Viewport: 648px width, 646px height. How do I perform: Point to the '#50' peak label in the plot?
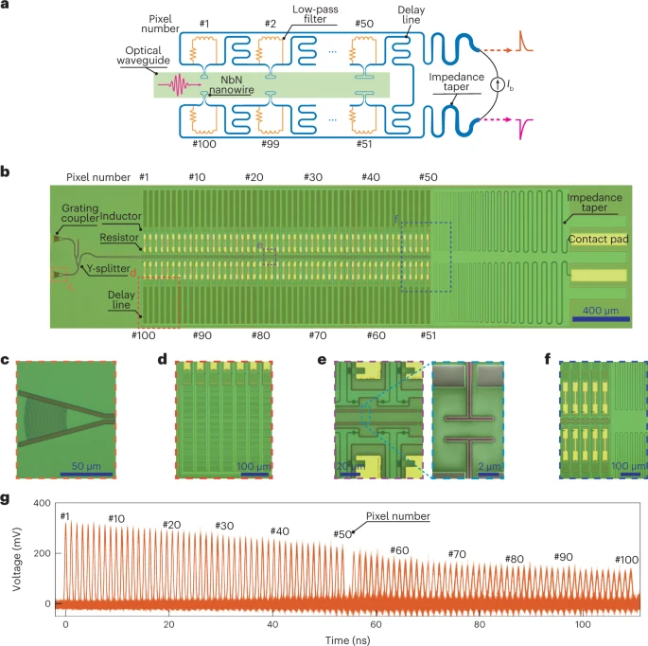pos(342,534)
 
